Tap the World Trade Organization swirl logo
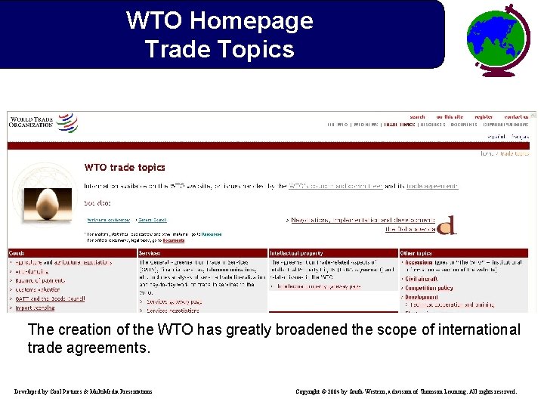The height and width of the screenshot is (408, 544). click(67, 122)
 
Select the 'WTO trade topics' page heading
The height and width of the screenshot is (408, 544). click(125, 168)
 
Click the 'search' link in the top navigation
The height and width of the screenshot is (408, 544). click(417, 117)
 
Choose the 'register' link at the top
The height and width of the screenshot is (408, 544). click(484, 117)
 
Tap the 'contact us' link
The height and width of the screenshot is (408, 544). click(517, 117)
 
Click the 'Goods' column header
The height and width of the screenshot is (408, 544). click(17, 252)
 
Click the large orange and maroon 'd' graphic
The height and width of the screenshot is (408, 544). click(447, 224)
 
